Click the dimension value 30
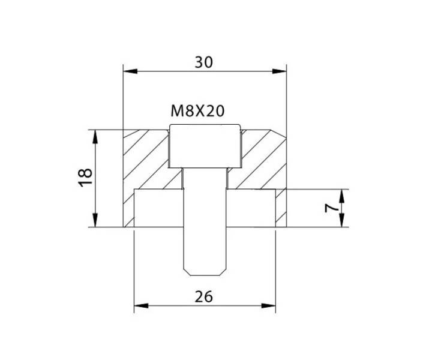204,62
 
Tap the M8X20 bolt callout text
197,111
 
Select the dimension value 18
85,178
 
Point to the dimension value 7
332,208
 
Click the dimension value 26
204,296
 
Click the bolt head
205,146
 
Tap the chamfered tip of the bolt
205,272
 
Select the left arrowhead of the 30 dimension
130,71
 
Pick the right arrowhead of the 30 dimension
280,71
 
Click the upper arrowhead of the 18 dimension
95,137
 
